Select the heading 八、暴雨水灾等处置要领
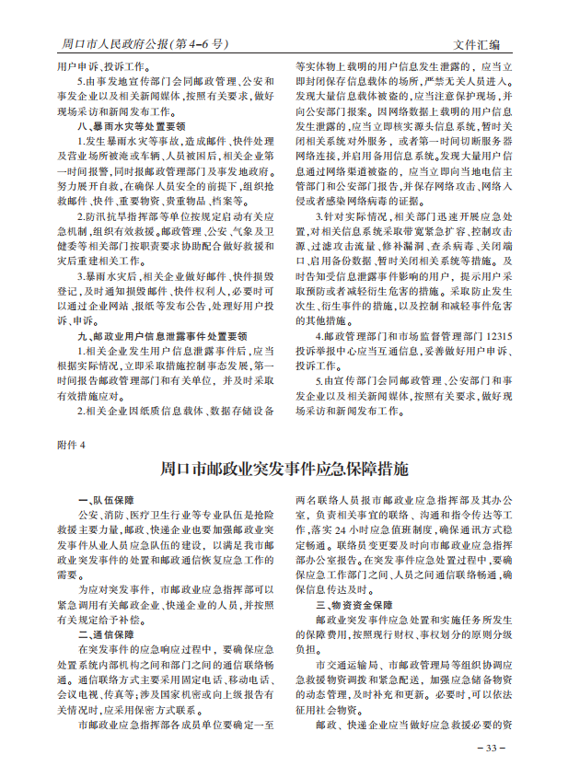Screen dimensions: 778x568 coord(132,126)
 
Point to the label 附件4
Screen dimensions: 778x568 coord(71,444)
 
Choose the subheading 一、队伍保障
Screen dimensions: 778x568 coord(106,498)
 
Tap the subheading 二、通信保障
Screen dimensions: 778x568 coord(106,634)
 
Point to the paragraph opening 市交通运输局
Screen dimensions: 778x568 coord(322,663)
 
